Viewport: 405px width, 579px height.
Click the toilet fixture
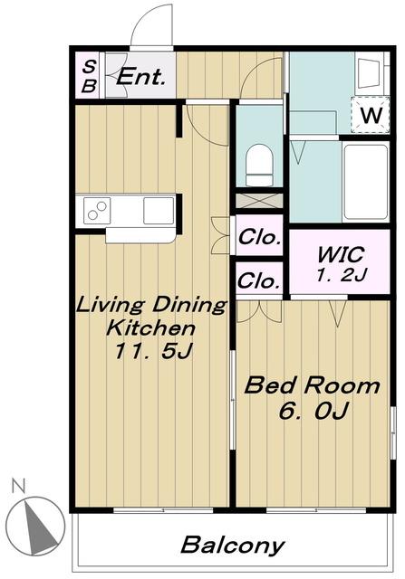pos(259,165)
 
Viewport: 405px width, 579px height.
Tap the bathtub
pos(365,182)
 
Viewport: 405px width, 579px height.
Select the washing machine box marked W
pos(370,115)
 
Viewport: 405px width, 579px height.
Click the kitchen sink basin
pos(159,211)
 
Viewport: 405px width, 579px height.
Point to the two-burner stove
pos(97,211)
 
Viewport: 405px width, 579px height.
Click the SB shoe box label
pos(89,76)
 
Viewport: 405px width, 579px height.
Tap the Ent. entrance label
pos(140,77)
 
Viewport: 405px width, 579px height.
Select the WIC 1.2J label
pos(341,263)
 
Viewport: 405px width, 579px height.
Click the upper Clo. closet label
pos(259,237)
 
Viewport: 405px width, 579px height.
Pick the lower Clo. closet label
pos(259,280)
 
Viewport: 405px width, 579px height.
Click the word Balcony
pos(232,546)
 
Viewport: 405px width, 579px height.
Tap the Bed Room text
pos(312,385)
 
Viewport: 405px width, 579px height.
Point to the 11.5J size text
pos(153,350)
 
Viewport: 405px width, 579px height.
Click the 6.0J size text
pos(314,410)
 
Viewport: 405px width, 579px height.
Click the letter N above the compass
pos(18,486)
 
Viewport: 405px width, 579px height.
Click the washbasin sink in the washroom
pos(369,74)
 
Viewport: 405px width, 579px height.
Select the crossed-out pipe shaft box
pos(259,201)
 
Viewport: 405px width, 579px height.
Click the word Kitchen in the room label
pos(150,327)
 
